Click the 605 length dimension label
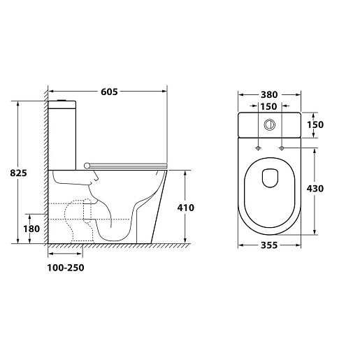[109, 92]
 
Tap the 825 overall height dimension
[18, 173]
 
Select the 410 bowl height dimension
[186, 208]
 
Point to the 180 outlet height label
[31, 229]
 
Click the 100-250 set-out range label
[66, 268]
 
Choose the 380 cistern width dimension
[269, 95]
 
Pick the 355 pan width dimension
[269, 245]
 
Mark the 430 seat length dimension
[315, 189]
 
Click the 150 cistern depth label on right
[315, 125]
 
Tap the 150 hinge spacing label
[268, 106]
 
